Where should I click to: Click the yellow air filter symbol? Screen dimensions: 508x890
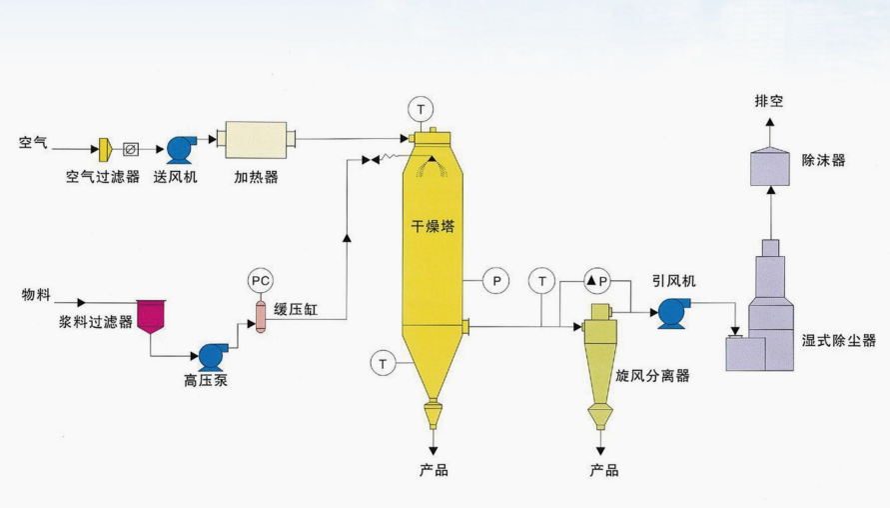coord(104,149)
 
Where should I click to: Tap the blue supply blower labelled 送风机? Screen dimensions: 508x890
coord(181,149)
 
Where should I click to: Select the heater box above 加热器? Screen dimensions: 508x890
coord(256,139)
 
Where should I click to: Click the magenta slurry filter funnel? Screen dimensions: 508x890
coord(151,315)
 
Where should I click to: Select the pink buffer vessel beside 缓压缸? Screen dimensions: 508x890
coord(260,316)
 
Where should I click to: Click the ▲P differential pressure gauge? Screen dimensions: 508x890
coord(597,281)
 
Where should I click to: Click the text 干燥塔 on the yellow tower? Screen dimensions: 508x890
coord(433,226)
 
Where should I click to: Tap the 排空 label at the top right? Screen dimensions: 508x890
coord(769,100)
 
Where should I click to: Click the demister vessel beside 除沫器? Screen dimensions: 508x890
coord(770,165)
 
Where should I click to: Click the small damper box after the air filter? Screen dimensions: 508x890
coord(130,149)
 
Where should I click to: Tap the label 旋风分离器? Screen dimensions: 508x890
coord(653,376)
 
